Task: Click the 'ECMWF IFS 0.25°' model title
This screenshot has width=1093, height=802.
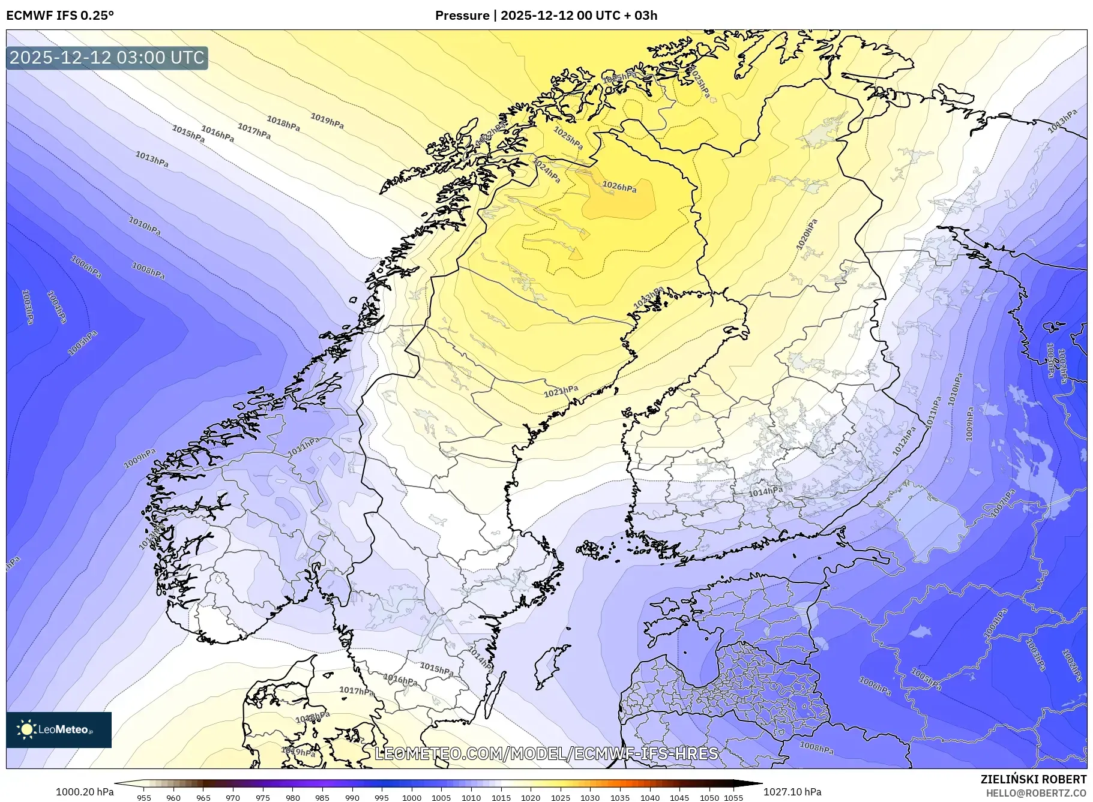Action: coord(60,15)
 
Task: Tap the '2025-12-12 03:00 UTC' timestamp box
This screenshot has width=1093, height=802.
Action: coord(107,58)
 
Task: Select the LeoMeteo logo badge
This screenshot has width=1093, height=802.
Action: coord(59,729)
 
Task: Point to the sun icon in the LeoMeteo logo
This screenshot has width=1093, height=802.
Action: coord(26,729)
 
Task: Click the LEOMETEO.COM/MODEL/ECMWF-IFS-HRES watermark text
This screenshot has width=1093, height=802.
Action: coord(546,753)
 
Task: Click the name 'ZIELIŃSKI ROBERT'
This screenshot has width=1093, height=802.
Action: coord(1033,779)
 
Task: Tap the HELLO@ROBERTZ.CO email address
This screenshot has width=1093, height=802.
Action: coord(1036,793)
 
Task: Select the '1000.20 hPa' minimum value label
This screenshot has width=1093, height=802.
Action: coord(85,792)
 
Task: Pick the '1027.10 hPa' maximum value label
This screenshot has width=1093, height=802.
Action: coord(792,792)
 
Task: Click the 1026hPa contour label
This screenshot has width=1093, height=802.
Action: coord(619,187)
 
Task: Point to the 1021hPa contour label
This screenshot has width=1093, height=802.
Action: coord(561,392)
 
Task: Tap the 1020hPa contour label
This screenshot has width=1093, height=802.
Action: coord(807,235)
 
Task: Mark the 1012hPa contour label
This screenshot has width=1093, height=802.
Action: coord(904,441)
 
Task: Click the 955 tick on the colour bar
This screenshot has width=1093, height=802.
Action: coord(144,798)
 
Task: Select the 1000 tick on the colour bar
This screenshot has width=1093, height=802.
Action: coord(412,798)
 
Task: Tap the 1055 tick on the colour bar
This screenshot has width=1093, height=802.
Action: coord(734,798)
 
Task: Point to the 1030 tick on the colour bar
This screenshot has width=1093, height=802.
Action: coord(590,798)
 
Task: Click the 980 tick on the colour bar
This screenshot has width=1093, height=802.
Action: coord(293,798)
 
